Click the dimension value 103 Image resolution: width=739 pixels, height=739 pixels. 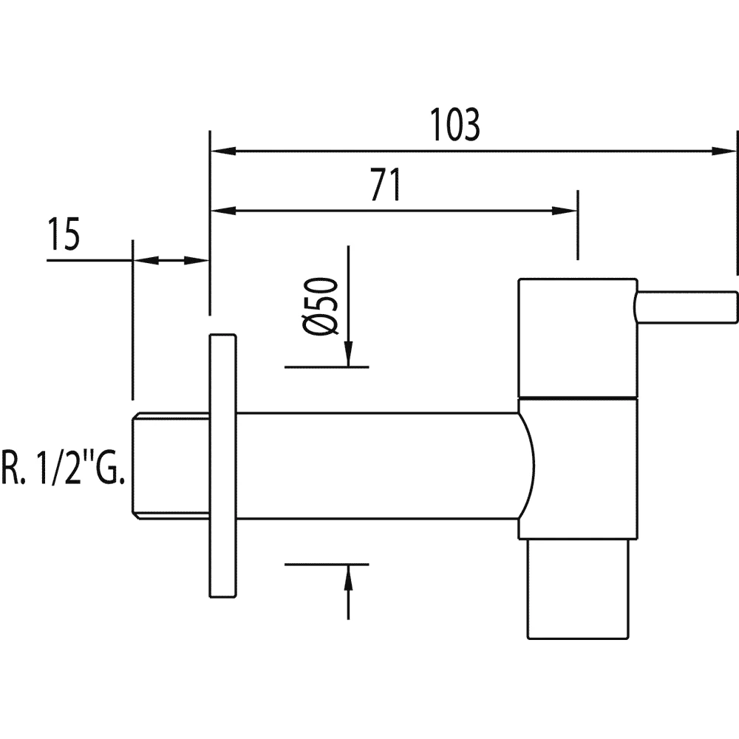455,126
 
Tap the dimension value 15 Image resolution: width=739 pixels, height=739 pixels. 63,236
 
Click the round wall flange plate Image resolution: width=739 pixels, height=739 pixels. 224,466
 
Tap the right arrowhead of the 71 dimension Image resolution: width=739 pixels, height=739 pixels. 568,211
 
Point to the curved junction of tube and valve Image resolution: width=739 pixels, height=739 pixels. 526,465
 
